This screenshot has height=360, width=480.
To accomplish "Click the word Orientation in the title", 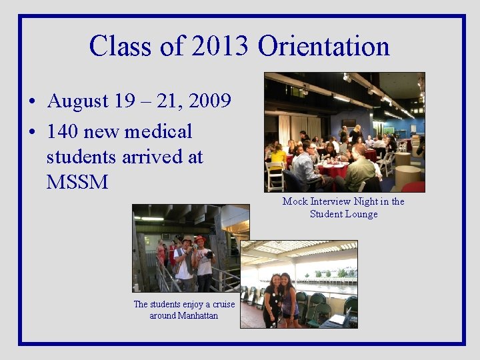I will (x=323, y=46).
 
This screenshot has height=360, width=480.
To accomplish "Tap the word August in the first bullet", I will (x=78, y=101).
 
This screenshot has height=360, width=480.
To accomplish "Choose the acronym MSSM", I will (x=77, y=181).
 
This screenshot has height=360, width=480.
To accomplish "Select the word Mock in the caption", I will (x=295, y=201).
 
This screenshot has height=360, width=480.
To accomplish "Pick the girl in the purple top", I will (x=289, y=300).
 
